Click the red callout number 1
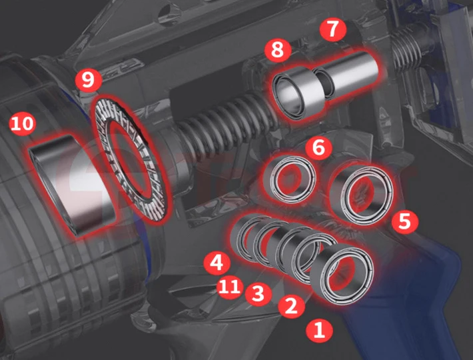(320, 329)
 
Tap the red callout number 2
(291, 306)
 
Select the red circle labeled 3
(258, 293)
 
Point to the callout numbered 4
(217, 262)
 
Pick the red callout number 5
(405, 221)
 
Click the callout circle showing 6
(319, 148)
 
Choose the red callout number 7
(332, 29)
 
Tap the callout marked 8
(278, 50)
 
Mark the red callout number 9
(88, 80)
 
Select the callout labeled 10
(23, 123)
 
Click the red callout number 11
(230, 286)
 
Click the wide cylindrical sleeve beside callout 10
(73, 184)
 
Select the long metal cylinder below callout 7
(346, 74)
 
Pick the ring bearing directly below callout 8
(297, 93)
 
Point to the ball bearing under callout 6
(290, 179)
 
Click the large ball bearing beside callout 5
(361, 194)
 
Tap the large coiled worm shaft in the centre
(223, 124)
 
